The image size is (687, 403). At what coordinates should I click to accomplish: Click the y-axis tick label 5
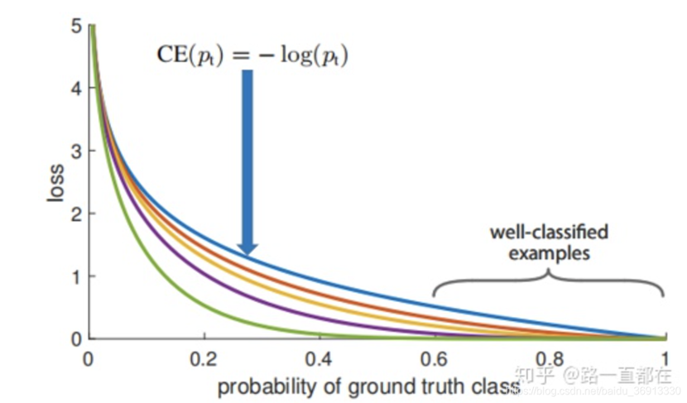tap(76, 26)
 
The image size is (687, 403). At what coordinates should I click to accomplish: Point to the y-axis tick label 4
tap(76, 89)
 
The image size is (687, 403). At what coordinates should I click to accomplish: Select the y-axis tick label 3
tap(76, 151)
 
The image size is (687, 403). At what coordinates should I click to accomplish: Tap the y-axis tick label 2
tap(76, 214)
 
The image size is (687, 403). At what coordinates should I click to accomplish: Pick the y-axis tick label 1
tap(76, 276)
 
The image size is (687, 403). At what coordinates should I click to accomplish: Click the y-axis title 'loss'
tap(55, 183)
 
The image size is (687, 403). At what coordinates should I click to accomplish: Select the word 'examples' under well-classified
tap(549, 252)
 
